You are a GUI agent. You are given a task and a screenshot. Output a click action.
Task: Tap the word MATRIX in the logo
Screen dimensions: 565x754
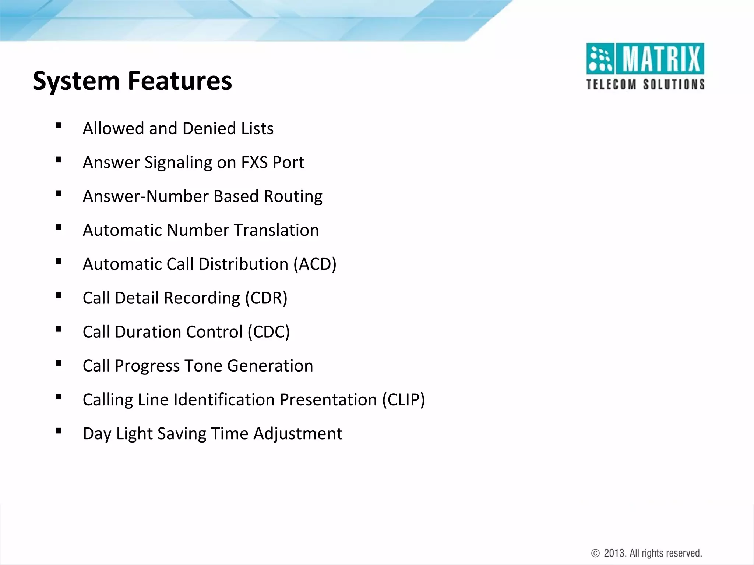[x=661, y=59]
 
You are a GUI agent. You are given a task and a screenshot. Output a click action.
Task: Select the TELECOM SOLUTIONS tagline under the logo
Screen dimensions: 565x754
[x=645, y=84]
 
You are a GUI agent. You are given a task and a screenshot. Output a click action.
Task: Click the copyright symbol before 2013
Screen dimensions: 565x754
[x=595, y=553]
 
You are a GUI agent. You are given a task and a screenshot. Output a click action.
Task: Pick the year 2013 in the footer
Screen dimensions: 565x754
[x=615, y=553]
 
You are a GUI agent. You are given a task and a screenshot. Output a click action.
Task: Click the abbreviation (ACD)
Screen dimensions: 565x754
[x=315, y=264]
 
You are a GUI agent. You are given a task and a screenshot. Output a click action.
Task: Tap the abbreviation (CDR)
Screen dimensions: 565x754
[x=266, y=298]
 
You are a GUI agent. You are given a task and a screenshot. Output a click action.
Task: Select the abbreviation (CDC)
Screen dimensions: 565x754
[x=268, y=332]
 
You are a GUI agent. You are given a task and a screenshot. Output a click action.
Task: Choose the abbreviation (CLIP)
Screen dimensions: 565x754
[x=403, y=399]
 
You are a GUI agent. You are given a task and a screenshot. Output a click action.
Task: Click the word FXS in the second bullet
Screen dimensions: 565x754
[x=254, y=163]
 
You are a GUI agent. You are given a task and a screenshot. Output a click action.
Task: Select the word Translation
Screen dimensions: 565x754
[x=276, y=230]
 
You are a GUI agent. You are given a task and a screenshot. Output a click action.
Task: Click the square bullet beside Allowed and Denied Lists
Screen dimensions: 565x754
[x=59, y=126]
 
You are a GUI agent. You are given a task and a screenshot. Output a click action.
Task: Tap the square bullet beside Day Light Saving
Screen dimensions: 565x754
[x=59, y=431]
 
